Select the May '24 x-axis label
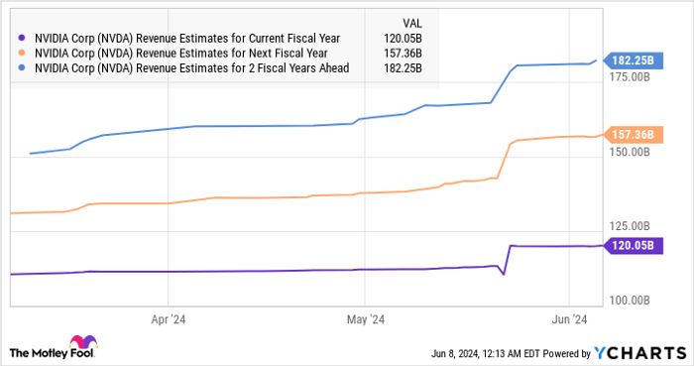click(x=365, y=320)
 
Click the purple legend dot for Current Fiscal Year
click(x=23, y=39)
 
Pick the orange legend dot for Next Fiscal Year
click(x=23, y=54)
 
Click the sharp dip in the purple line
click(x=504, y=274)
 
